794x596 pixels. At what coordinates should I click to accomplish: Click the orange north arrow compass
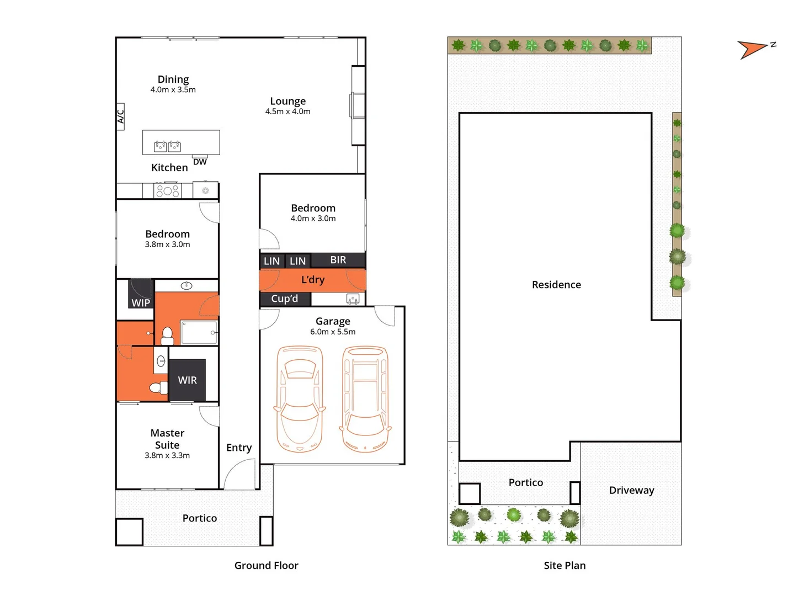click(752, 50)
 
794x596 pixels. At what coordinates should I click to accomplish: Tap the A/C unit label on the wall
click(120, 116)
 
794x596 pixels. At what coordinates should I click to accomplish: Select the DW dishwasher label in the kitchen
click(200, 162)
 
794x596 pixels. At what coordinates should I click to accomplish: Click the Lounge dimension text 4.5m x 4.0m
click(287, 111)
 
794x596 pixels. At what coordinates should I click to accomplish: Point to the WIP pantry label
click(141, 302)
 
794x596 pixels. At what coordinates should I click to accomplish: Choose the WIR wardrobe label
click(187, 380)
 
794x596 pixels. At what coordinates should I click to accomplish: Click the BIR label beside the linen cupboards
click(338, 260)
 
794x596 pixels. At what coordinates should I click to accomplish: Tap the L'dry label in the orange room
click(313, 280)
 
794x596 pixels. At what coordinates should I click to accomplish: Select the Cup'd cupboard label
click(285, 299)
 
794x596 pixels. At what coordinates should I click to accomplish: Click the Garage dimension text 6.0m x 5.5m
click(333, 332)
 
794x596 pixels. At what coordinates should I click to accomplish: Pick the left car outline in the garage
click(300, 398)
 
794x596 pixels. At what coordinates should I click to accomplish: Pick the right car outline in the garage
click(365, 398)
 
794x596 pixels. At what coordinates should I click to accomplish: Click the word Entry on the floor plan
click(239, 448)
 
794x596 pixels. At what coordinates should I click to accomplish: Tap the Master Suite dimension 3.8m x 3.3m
click(167, 455)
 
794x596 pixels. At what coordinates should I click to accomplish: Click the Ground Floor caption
click(266, 565)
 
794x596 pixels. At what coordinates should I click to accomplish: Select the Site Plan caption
click(564, 565)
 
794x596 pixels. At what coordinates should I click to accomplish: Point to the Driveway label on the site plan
click(631, 490)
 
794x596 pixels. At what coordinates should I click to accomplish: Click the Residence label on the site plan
click(556, 285)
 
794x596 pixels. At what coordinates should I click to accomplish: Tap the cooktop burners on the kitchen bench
click(168, 191)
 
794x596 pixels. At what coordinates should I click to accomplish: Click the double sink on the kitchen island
click(167, 146)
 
